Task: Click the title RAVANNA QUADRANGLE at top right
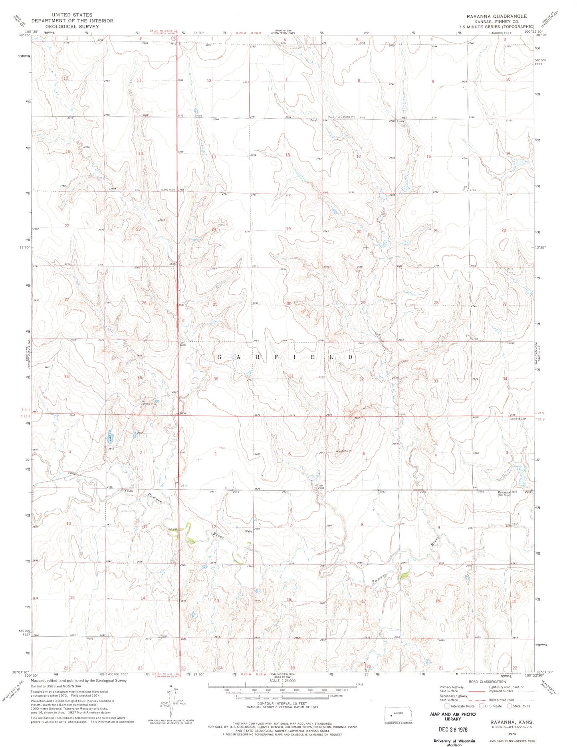(493, 16)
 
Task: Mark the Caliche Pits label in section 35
(147, 404)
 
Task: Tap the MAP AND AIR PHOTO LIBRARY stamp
(453, 716)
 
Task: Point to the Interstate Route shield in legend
(447, 706)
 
